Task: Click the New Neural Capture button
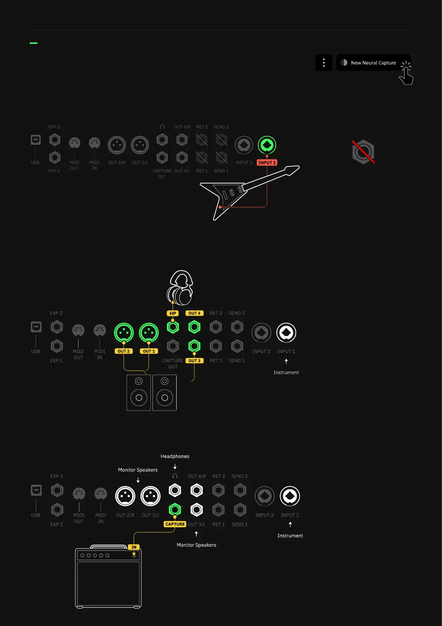[373, 63]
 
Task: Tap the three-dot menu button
[324, 63]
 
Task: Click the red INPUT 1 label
[267, 163]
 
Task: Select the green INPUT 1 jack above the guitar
[267, 145]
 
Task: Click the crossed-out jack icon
[363, 152]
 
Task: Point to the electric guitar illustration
[245, 190]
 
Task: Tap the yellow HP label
[173, 313]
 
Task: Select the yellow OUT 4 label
[194, 313]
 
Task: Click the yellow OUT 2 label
[124, 351]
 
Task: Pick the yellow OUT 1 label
[149, 351]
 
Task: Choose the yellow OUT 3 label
[194, 361]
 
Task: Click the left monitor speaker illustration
[139, 393]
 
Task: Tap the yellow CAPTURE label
[175, 524]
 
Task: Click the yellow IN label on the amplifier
[134, 547]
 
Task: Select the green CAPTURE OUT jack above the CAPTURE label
[175, 509]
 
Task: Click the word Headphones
[175, 456]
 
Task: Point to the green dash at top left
[33, 43]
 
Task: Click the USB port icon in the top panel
[36, 140]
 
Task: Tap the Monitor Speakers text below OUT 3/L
[196, 545]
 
